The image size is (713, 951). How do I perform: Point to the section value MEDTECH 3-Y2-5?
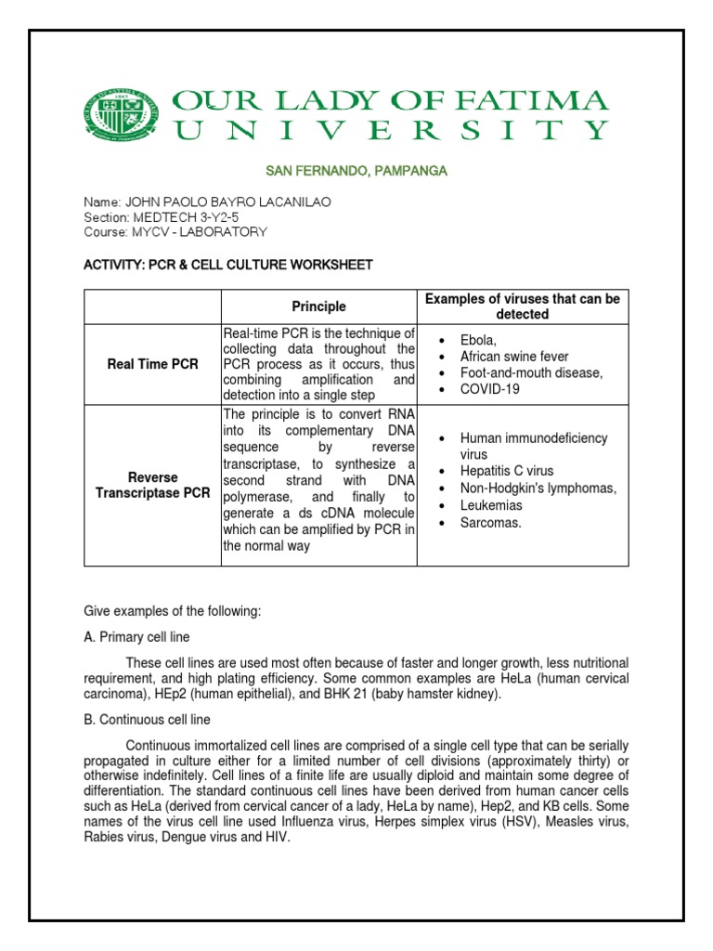pyautogui.click(x=199, y=217)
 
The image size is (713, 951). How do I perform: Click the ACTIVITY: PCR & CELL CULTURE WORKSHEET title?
pyautogui.click(x=228, y=266)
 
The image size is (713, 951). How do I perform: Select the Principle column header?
pyautogui.click(x=318, y=306)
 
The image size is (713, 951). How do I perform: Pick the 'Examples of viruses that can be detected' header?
pyautogui.click(x=522, y=306)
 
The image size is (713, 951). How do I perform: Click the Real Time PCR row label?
pyautogui.click(x=152, y=364)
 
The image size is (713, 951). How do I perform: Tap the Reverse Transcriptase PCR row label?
pyautogui.click(x=152, y=485)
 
